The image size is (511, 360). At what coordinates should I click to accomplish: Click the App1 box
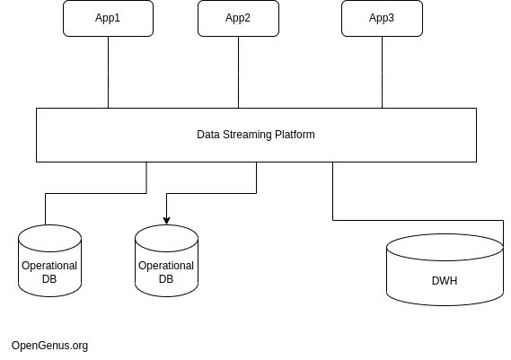[x=108, y=18]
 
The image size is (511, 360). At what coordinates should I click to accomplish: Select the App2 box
[x=238, y=18]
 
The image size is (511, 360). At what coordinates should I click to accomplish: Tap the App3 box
[x=382, y=18]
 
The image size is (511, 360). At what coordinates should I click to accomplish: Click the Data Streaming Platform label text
[x=256, y=135]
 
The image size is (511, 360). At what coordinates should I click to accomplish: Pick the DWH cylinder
[x=445, y=269]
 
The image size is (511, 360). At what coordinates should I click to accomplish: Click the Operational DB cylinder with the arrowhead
[x=166, y=260]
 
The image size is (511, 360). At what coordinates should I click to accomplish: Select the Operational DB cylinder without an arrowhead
[x=50, y=260]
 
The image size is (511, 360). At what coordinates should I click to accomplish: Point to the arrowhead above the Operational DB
[x=166, y=221]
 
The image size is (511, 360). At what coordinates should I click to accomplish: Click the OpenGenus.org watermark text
[x=50, y=346]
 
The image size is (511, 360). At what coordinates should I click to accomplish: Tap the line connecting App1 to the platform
[x=108, y=72]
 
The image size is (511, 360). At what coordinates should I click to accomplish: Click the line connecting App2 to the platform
[x=238, y=72]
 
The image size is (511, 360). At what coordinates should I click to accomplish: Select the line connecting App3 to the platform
[x=382, y=72]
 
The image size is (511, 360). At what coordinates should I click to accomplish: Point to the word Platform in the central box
[x=295, y=135]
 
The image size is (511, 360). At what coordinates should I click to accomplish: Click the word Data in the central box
[x=208, y=135]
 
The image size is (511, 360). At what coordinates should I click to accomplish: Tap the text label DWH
[x=445, y=281]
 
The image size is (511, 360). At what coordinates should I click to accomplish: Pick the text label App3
[x=382, y=18]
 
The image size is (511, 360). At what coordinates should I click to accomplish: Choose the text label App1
[x=108, y=18]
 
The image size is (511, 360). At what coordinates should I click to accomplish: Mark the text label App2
[x=238, y=18]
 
